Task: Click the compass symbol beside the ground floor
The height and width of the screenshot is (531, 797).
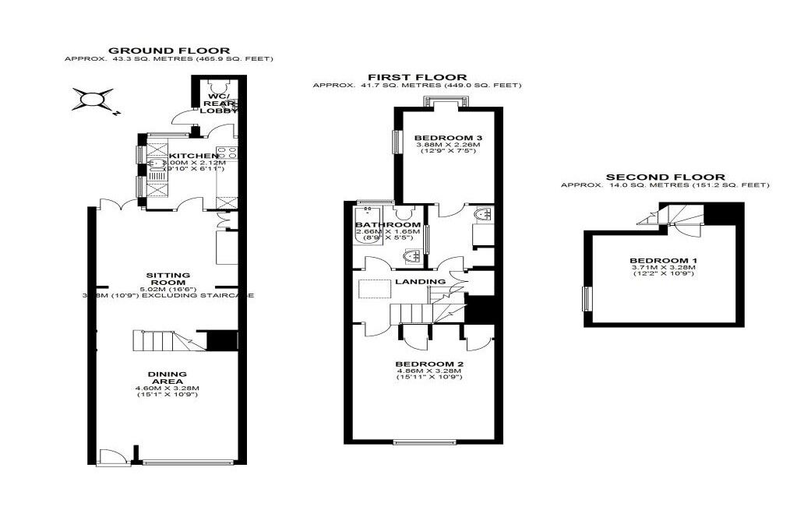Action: click(x=93, y=100)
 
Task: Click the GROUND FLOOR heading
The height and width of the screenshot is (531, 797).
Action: click(x=168, y=51)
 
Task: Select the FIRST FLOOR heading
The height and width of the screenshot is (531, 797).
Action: click(x=417, y=77)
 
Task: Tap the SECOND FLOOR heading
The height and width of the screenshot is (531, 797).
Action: click(x=665, y=177)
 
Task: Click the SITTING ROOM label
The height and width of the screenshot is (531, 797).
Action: click(x=168, y=279)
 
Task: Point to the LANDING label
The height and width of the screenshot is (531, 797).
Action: click(x=420, y=281)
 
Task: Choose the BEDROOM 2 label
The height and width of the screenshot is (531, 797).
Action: click(x=429, y=364)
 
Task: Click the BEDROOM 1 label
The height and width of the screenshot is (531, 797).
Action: click(x=663, y=260)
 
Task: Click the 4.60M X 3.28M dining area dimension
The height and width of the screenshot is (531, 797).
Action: click(x=168, y=388)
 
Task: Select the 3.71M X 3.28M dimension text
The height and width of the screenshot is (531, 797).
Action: click(x=663, y=268)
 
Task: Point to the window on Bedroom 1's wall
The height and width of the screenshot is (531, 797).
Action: click(x=587, y=298)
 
